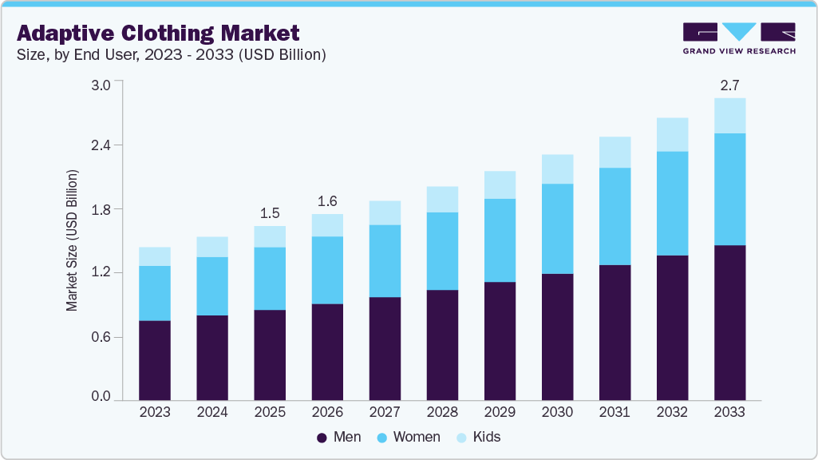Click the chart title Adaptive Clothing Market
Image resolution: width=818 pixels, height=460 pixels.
pyautogui.click(x=159, y=33)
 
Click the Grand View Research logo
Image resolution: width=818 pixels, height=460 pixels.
pyautogui.click(x=739, y=38)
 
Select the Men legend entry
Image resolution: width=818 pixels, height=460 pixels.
pyautogui.click(x=340, y=437)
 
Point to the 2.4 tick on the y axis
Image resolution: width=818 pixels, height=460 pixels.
pyautogui.click(x=101, y=145)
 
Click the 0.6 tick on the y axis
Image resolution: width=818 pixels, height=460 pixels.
pyautogui.click(x=101, y=337)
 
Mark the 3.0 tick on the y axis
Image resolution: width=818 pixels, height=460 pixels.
pyautogui.click(x=101, y=82)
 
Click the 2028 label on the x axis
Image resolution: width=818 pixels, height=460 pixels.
pyautogui.click(x=442, y=413)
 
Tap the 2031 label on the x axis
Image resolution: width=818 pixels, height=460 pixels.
pyautogui.click(x=614, y=413)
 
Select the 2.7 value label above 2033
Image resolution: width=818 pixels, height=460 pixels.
pyautogui.click(x=729, y=85)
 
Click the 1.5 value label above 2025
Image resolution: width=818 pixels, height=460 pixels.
pyautogui.click(x=270, y=213)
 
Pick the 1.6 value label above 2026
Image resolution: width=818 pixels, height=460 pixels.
pyautogui.click(x=327, y=201)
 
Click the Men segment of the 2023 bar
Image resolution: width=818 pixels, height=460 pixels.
pyautogui.click(x=155, y=359)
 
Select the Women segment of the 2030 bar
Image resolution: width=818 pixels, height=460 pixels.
pyautogui.click(x=557, y=228)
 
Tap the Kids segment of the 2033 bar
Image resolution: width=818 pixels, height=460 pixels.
pyautogui.click(x=729, y=116)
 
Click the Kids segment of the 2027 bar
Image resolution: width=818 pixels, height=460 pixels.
pyautogui.click(x=385, y=212)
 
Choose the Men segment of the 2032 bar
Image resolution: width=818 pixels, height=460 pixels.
pyautogui.click(x=672, y=327)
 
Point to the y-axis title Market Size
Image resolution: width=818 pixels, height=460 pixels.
pyautogui.click(x=73, y=240)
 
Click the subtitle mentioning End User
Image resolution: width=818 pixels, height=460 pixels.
pyautogui.click(x=171, y=55)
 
